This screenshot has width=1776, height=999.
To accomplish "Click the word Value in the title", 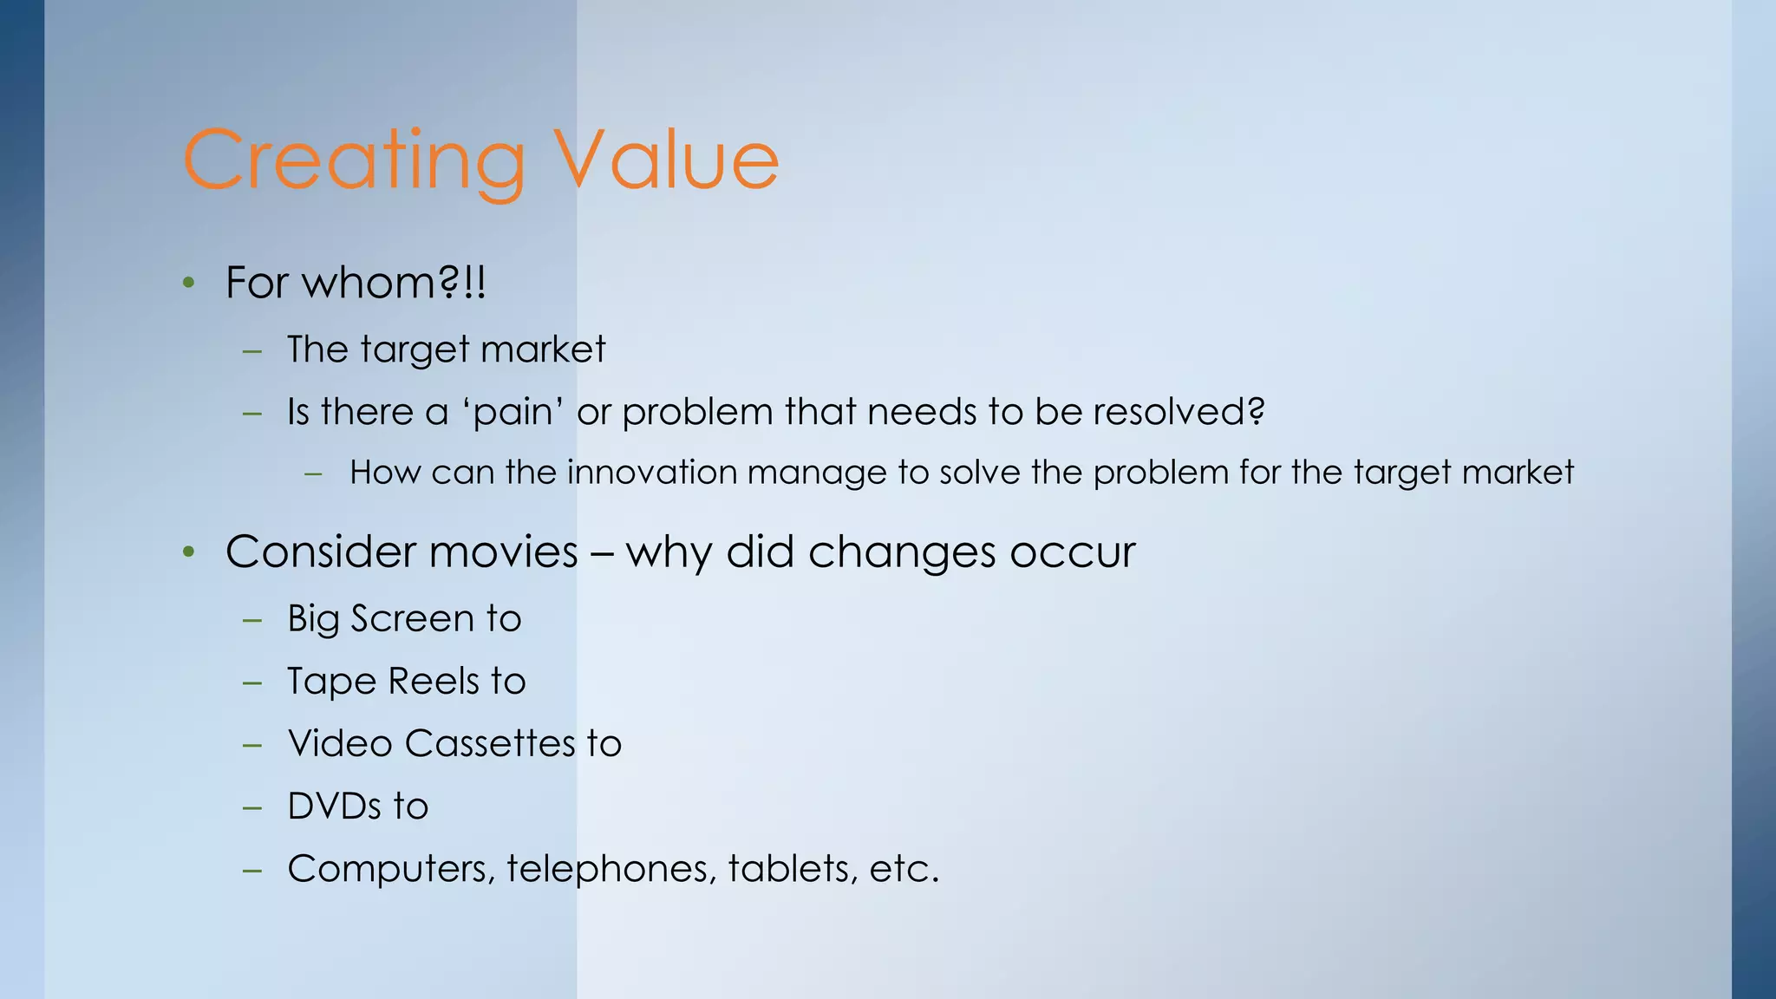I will pyautogui.click(x=666, y=161).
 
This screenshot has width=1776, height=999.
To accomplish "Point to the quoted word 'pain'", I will pyautogui.click(x=518, y=412).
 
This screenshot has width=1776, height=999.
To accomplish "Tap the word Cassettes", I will pyautogui.click(x=490, y=744).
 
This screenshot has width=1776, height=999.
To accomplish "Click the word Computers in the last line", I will pyautogui.click(x=390, y=869).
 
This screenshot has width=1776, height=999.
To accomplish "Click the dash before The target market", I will pyautogui.click(x=252, y=351).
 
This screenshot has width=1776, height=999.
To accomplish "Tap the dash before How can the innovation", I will pyautogui.click(x=314, y=474).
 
